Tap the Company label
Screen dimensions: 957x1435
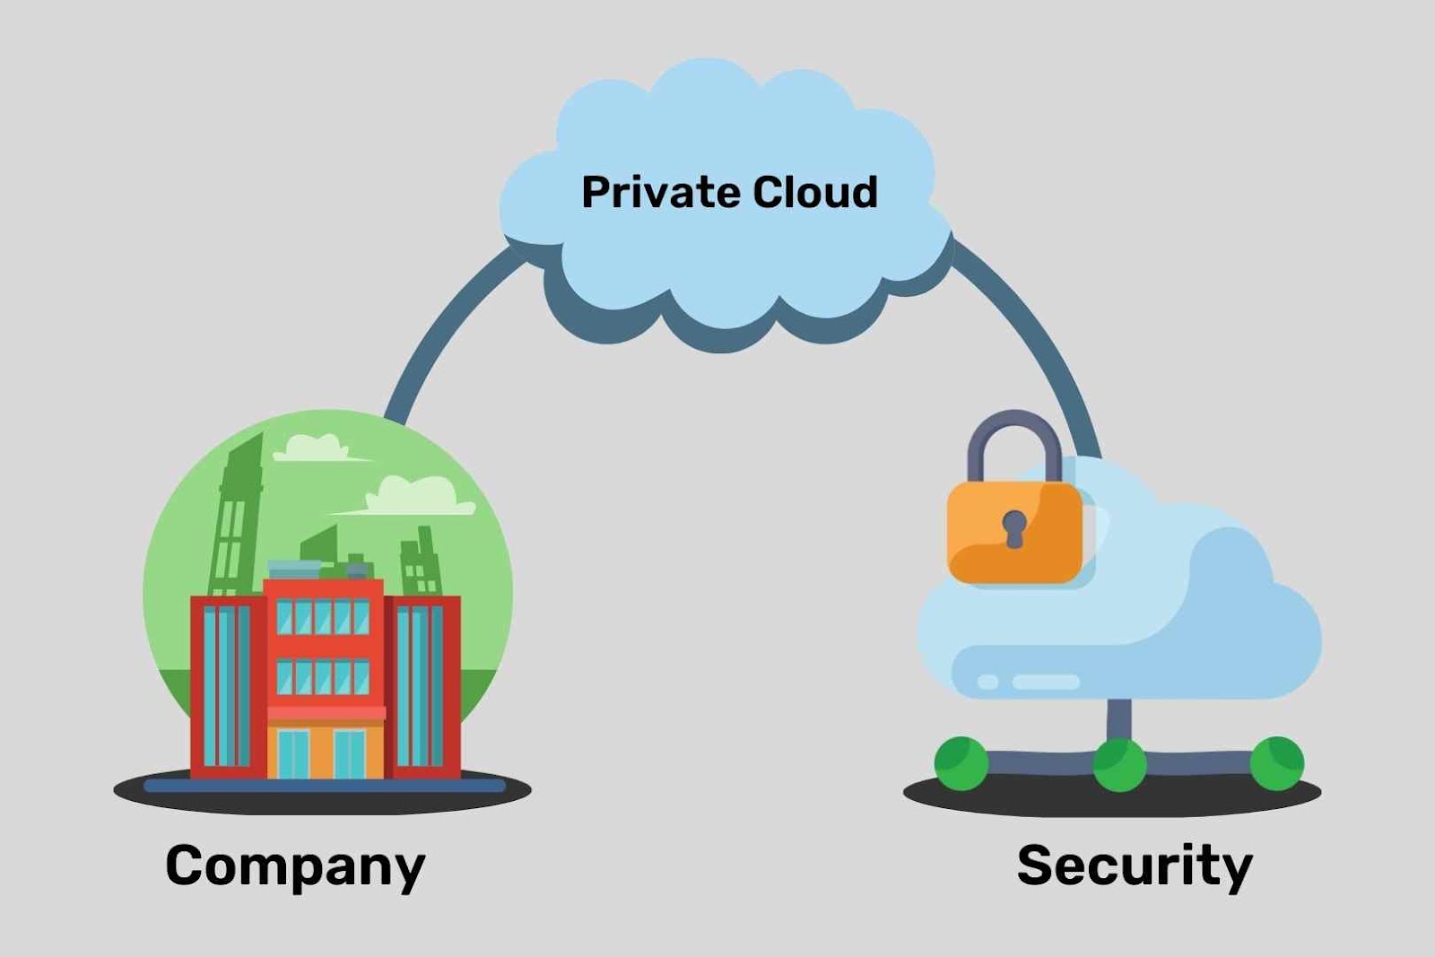(x=295, y=866)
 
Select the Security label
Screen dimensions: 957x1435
(x=1135, y=866)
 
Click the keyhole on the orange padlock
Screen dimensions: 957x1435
(x=1014, y=528)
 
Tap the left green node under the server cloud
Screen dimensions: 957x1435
(x=961, y=763)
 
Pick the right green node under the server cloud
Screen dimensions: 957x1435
(x=1277, y=763)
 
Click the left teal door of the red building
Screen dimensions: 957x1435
(x=293, y=753)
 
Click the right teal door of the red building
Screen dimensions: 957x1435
(x=350, y=753)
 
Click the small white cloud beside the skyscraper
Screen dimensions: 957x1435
(x=312, y=447)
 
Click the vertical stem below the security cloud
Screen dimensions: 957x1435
(x=1118, y=717)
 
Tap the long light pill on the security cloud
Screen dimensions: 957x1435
(x=1046, y=683)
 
